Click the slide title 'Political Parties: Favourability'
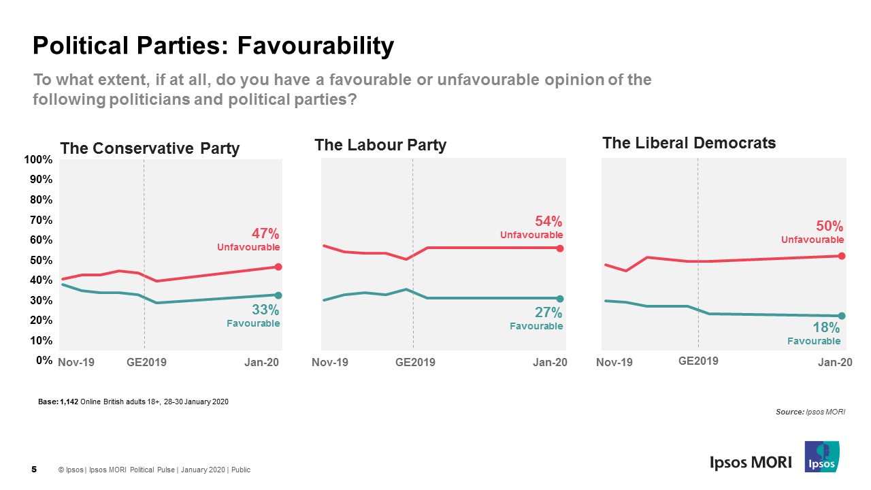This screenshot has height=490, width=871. (x=213, y=46)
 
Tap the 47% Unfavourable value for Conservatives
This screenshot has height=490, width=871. (x=265, y=233)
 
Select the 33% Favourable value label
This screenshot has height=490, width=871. (x=266, y=310)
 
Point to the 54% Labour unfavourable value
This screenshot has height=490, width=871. (x=548, y=221)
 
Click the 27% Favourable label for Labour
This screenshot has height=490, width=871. (x=548, y=312)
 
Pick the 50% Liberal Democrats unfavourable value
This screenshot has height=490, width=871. (x=829, y=226)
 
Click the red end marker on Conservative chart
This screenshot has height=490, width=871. (x=278, y=267)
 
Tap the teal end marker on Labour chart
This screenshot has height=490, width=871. (x=560, y=299)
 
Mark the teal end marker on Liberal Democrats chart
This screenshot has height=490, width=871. (x=842, y=316)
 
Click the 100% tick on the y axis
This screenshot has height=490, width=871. (x=38, y=160)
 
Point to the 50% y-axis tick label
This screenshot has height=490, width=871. (x=40, y=260)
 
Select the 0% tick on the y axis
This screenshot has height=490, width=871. (x=44, y=361)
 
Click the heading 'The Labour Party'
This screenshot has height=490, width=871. (x=380, y=145)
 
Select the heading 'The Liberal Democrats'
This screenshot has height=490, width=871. (x=689, y=143)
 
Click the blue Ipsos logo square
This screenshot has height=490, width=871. (x=821, y=457)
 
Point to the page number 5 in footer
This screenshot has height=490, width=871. (x=34, y=469)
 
